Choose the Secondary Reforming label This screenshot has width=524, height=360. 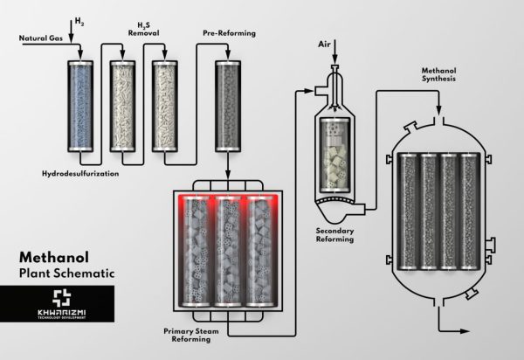tap(334, 235)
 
